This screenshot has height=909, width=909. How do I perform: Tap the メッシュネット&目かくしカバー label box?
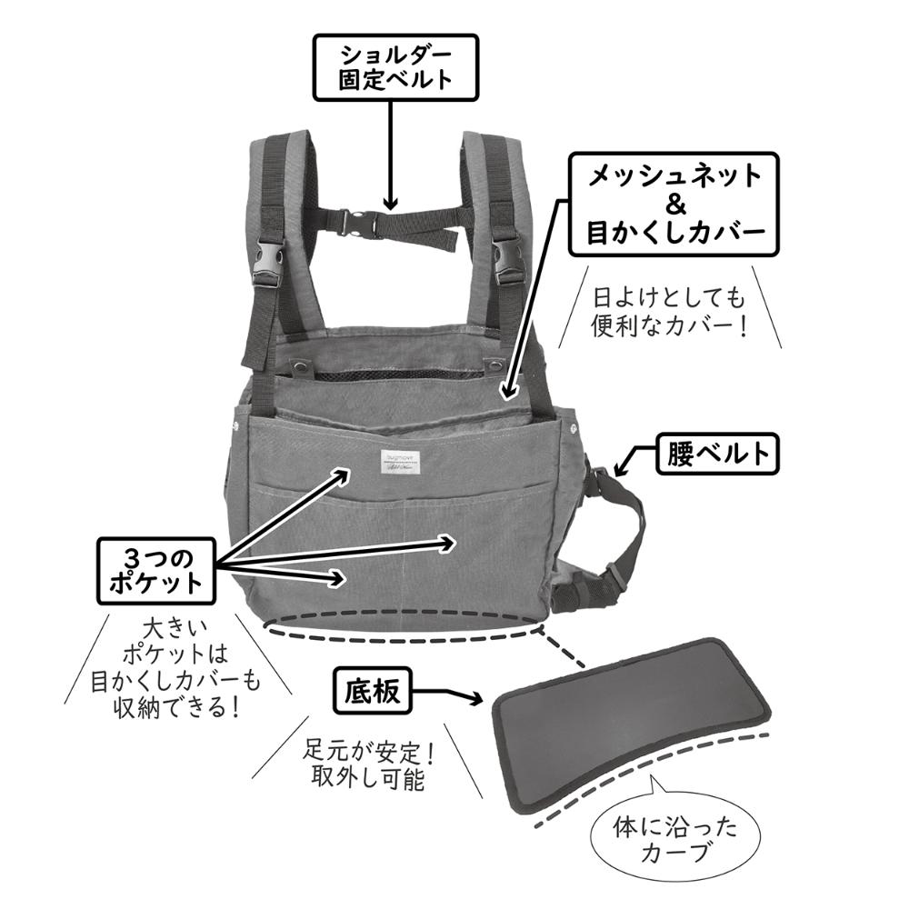[x=673, y=204]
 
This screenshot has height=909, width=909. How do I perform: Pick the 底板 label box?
[x=371, y=694]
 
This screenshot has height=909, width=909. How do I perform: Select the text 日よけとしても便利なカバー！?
[x=669, y=312]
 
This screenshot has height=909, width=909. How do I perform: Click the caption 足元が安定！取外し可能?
[x=367, y=766]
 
